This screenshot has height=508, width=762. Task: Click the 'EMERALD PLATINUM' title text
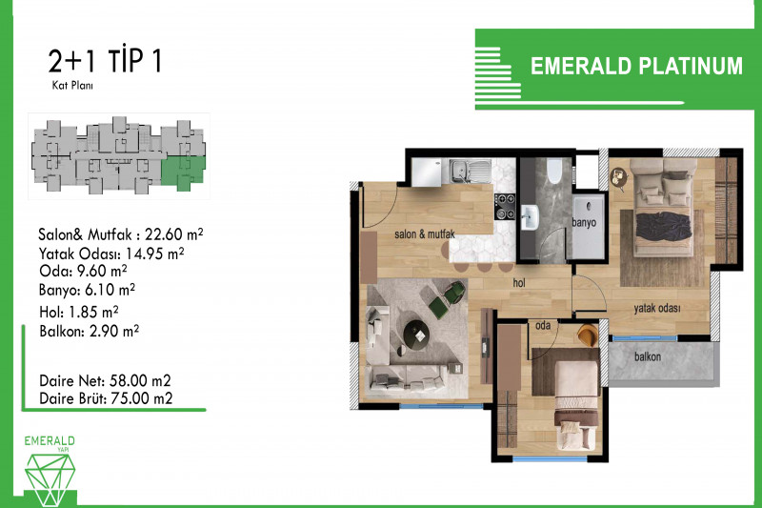(636, 66)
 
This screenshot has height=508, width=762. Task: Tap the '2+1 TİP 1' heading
(105, 61)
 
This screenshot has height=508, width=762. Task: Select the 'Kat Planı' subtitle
(72, 86)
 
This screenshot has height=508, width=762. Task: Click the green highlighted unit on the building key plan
(183, 173)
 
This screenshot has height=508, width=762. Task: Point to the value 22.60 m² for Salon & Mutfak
(174, 234)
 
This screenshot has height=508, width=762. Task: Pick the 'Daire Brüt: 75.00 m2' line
(106, 398)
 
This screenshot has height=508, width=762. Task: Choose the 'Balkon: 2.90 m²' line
(89, 331)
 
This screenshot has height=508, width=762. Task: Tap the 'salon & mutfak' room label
(424, 234)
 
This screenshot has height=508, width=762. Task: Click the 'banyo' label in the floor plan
(584, 223)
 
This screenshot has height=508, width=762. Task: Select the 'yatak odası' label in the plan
(656, 308)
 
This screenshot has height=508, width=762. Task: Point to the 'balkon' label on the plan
(648, 356)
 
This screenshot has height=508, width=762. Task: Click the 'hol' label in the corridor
(519, 282)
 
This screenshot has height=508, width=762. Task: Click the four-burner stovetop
(505, 206)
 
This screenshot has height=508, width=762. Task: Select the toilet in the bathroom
(554, 171)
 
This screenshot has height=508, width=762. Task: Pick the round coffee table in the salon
(416, 335)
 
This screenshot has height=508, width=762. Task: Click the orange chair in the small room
(588, 335)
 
